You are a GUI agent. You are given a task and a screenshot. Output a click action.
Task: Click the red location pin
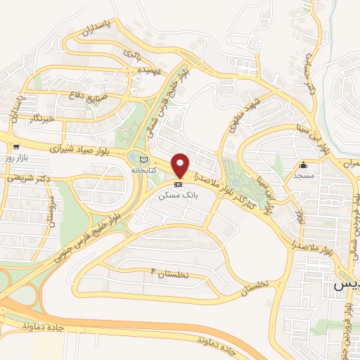pos(180,165)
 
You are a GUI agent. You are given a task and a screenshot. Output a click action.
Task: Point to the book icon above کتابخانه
pos(143,159)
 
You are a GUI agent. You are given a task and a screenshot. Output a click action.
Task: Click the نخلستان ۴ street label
pos(171,272)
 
